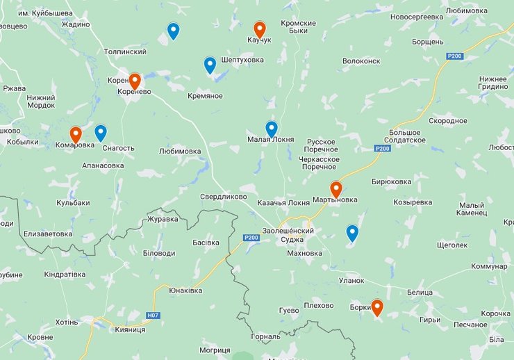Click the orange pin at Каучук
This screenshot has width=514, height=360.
259,29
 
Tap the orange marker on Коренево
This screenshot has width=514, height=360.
135,81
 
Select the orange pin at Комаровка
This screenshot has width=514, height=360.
76,134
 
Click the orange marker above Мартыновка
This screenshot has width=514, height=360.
336,189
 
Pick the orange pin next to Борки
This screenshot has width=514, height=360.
377,307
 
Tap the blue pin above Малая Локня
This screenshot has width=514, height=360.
272,129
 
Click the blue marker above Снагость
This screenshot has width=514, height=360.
101,133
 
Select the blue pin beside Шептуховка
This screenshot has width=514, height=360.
210,65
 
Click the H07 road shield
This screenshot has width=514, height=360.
153,316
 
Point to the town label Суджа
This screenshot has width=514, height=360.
292,240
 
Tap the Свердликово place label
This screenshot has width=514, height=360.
224,197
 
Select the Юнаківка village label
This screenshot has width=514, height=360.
185,291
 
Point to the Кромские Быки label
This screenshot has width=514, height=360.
298,27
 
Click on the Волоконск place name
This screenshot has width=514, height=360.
362,61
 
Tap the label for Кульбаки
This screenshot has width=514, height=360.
73,203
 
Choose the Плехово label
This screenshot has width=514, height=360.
319,306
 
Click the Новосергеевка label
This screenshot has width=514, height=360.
417,16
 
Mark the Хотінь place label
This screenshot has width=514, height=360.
67,323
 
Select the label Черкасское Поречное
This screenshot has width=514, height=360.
318,163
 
